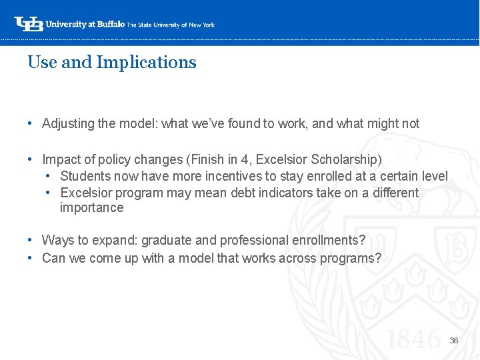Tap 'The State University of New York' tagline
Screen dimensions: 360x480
point(171,25)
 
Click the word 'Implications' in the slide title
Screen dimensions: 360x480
point(147,63)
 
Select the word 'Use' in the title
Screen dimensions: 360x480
point(42,63)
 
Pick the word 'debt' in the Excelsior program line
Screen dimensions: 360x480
point(247,193)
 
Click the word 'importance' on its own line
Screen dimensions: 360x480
point(91,207)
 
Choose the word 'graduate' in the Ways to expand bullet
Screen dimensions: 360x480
point(164,240)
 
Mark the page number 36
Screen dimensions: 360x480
point(453,341)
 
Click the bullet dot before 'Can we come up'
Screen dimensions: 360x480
point(31,258)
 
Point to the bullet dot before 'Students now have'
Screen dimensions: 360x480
point(49,176)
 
